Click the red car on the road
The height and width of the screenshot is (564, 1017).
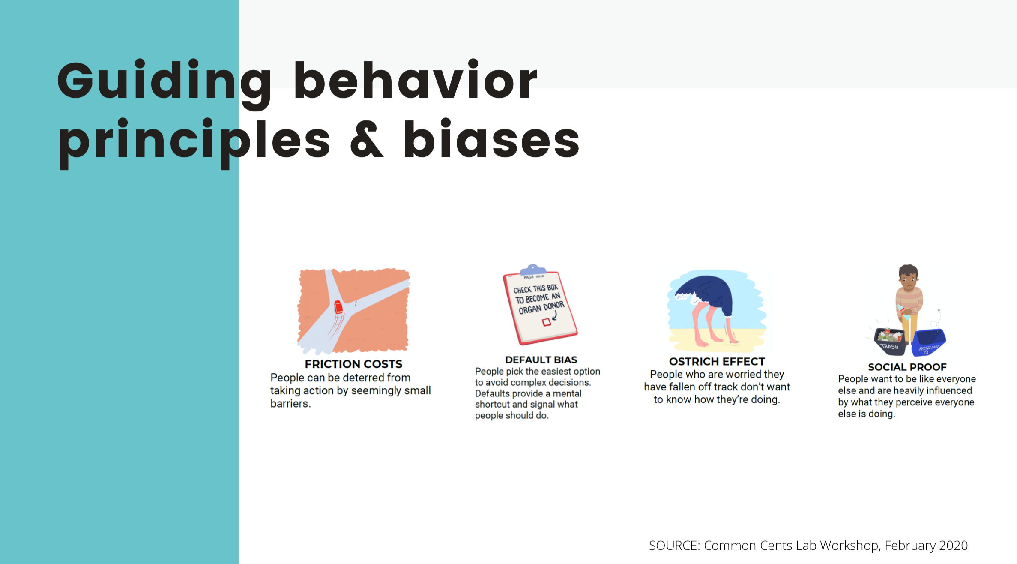pos(338,307)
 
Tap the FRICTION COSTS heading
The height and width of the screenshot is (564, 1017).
pos(353,364)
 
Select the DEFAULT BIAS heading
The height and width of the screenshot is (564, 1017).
pos(541,360)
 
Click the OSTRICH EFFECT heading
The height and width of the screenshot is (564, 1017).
pos(717,361)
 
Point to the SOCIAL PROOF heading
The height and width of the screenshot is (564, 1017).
pos(907,367)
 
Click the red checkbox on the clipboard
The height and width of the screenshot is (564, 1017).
pos(546,322)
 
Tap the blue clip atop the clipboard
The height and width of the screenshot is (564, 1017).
pos(533,270)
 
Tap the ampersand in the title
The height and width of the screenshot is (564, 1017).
pos(367,139)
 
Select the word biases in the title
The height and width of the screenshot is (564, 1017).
pos(491,138)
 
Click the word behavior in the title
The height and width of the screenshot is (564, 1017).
pos(415,79)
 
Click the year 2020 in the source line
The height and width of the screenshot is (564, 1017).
pos(953,545)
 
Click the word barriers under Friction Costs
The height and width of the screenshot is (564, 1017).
pos(290,403)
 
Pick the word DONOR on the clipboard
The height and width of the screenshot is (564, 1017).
pos(554,306)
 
